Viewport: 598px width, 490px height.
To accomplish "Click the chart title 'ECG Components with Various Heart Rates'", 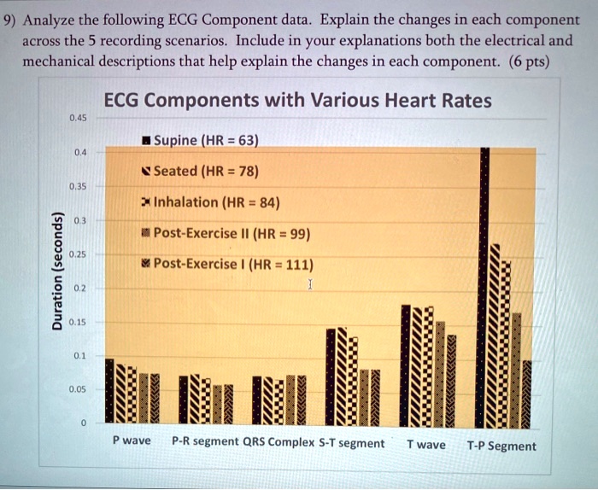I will coord(297,101).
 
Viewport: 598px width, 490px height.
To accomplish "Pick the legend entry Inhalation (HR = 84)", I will coord(209,202).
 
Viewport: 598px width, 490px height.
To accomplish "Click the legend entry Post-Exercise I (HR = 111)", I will coord(226,264).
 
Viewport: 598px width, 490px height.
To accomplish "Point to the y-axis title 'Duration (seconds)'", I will coord(56,270).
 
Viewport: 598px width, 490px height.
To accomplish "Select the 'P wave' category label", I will coord(131,441).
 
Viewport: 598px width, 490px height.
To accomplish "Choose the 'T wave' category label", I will coord(425,444).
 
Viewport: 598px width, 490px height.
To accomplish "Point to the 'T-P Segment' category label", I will coord(501,446).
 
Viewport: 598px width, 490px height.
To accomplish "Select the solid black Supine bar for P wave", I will coord(109,390).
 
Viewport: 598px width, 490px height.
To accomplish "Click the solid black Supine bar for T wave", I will coord(406,363).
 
